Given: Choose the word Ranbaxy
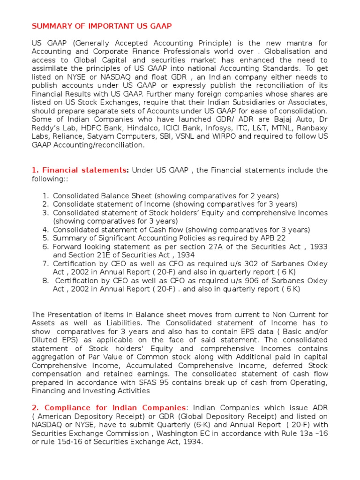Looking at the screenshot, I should [312, 128].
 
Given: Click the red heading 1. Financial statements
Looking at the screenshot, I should [80, 170].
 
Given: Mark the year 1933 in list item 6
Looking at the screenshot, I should [318, 247].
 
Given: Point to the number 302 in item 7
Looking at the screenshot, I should [236, 263].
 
